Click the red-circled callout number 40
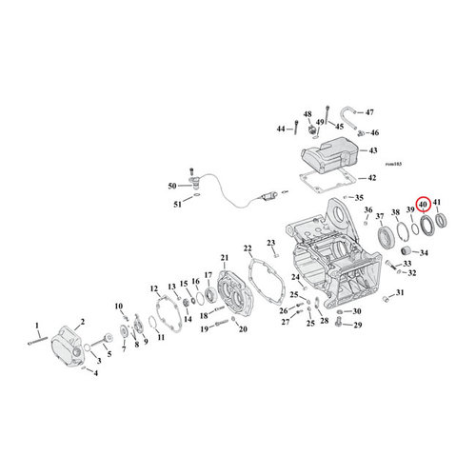point(424,203)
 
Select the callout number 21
point(225,259)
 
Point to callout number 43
point(372,151)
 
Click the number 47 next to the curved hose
point(370,112)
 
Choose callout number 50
point(171,186)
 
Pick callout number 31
point(400,292)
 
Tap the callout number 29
point(357,327)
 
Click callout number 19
point(204,328)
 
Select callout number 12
point(154,288)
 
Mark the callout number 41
point(438,203)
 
